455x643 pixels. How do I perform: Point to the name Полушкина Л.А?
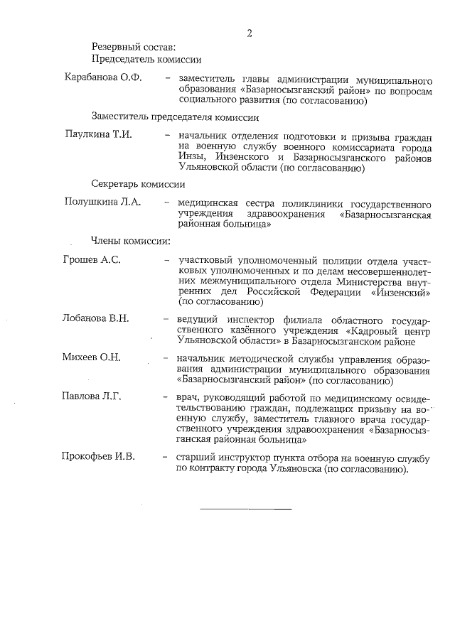[x=102, y=202]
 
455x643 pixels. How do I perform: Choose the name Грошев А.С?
[x=92, y=259]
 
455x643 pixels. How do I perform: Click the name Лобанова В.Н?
[x=96, y=318]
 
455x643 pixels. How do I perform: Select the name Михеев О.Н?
[x=92, y=357]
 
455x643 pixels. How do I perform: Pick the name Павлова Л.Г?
[x=92, y=396]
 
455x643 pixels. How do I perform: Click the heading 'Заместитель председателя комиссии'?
[x=174, y=116]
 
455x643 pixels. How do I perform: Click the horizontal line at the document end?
[x=245, y=509]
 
